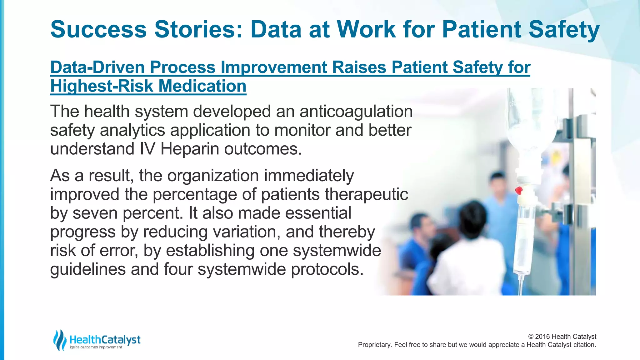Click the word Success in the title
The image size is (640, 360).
(x=98, y=29)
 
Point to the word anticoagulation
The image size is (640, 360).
(x=356, y=112)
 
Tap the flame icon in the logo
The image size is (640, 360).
(x=59, y=340)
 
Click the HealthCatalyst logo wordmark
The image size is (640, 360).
(x=105, y=340)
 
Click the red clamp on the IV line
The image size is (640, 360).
(x=519, y=190)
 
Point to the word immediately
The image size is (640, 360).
(x=309, y=176)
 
